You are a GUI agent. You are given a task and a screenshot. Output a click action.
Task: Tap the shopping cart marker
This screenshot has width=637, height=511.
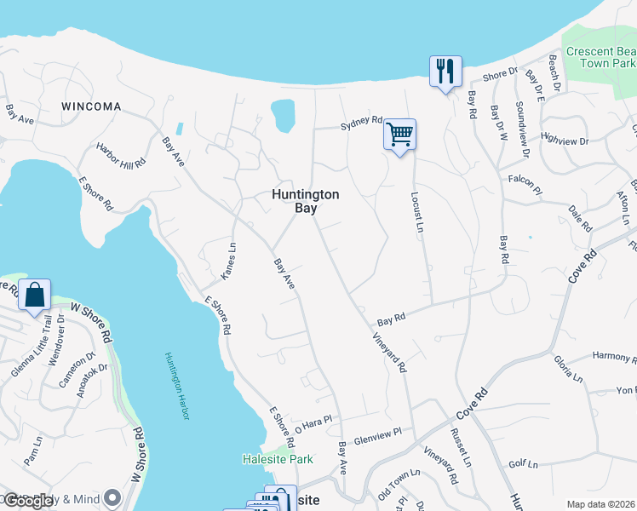[x=399, y=135]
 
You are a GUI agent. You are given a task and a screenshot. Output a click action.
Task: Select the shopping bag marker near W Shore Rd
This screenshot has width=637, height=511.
[x=34, y=295]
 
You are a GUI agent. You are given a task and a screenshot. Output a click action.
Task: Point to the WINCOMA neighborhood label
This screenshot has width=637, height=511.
[x=91, y=106]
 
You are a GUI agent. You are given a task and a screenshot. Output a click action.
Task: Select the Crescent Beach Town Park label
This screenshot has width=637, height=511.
[x=601, y=57]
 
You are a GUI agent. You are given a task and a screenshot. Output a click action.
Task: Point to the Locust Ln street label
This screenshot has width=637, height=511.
[x=418, y=212]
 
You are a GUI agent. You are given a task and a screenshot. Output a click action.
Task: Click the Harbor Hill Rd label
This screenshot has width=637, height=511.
[x=121, y=154]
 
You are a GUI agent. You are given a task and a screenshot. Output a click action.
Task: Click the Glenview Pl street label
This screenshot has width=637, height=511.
[x=378, y=434]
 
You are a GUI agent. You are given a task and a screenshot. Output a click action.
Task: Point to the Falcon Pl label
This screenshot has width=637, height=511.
[x=525, y=180]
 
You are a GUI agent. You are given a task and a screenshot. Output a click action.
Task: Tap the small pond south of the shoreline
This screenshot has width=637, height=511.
[x=282, y=116]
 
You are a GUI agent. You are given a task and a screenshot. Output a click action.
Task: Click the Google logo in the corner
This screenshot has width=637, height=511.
[x=30, y=501]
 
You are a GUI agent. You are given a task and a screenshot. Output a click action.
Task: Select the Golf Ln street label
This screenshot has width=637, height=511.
[x=523, y=464]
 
